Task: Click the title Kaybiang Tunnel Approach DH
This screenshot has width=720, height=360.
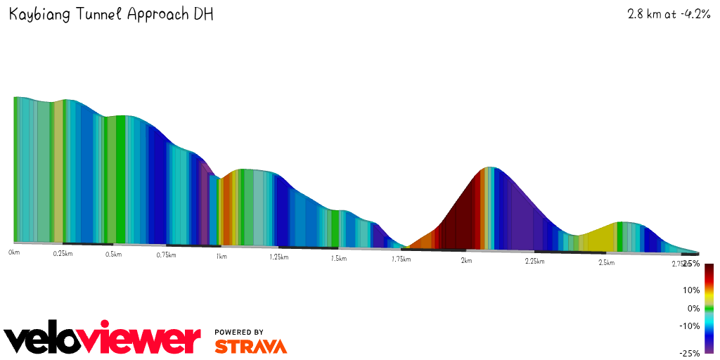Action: (111, 15)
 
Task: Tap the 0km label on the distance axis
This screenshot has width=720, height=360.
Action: (13, 251)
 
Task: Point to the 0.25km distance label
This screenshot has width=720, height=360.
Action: (63, 253)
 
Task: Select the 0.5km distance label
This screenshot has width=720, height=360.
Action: (114, 254)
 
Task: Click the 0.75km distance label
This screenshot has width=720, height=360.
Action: (166, 255)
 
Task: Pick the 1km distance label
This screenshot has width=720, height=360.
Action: (221, 257)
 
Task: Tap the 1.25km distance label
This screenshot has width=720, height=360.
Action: (279, 257)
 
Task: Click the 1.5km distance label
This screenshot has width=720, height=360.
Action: (338, 259)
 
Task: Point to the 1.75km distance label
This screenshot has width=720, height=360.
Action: (401, 259)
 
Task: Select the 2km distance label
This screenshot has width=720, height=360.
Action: (466, 261)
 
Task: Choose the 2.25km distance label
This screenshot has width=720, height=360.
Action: (534, 262)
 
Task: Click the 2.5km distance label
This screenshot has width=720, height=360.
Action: (606, 263)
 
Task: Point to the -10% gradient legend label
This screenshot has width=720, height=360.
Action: (689, 326)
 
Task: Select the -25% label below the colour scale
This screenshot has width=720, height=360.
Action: (689, 354)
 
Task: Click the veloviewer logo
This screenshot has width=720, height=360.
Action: (103, 340)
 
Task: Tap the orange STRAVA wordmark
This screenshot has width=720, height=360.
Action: (250, 347)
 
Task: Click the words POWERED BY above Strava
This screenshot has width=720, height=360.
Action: (239, 332)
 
